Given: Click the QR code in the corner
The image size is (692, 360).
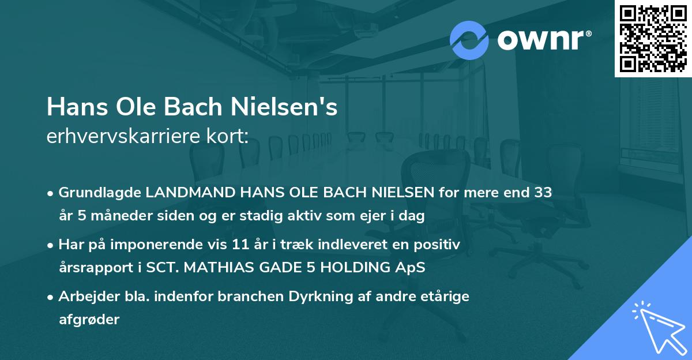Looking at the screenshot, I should point(653,39).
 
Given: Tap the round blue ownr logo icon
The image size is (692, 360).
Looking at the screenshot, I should point(469,39).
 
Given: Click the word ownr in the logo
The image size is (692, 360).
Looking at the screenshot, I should point(544,40).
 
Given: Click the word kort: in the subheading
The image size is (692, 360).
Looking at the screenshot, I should point(229,137).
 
